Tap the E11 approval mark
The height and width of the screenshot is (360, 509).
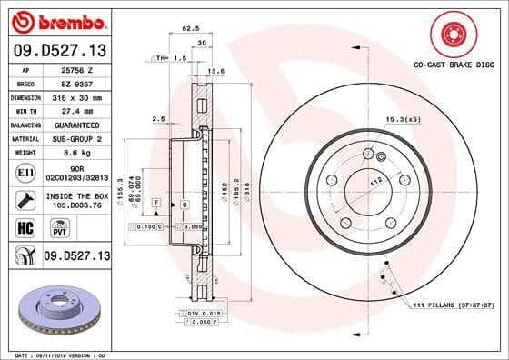[25, 170]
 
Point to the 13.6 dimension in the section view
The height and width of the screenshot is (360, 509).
[215, 70]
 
